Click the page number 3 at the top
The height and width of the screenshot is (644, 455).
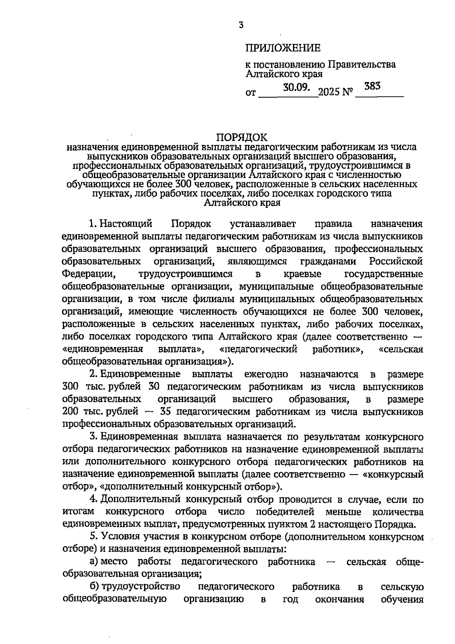point(241,25)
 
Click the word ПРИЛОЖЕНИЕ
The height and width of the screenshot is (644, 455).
point(283,48)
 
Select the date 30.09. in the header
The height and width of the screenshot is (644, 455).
point(297,88)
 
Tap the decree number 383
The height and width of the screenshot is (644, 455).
point(372,87)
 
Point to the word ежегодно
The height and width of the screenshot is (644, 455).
point(266,374)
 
